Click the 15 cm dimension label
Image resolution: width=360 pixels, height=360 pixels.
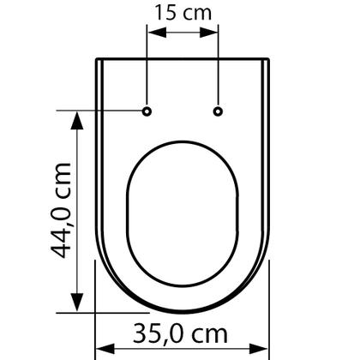[x=183, y=12]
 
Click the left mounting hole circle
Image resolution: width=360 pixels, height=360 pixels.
[x=147, y=111]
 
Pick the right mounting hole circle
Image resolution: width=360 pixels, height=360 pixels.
[x=218, y=111]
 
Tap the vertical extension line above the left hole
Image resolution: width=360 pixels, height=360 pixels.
[x=147, y=69]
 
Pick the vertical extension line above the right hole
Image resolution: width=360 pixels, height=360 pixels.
[x=218, y=69]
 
